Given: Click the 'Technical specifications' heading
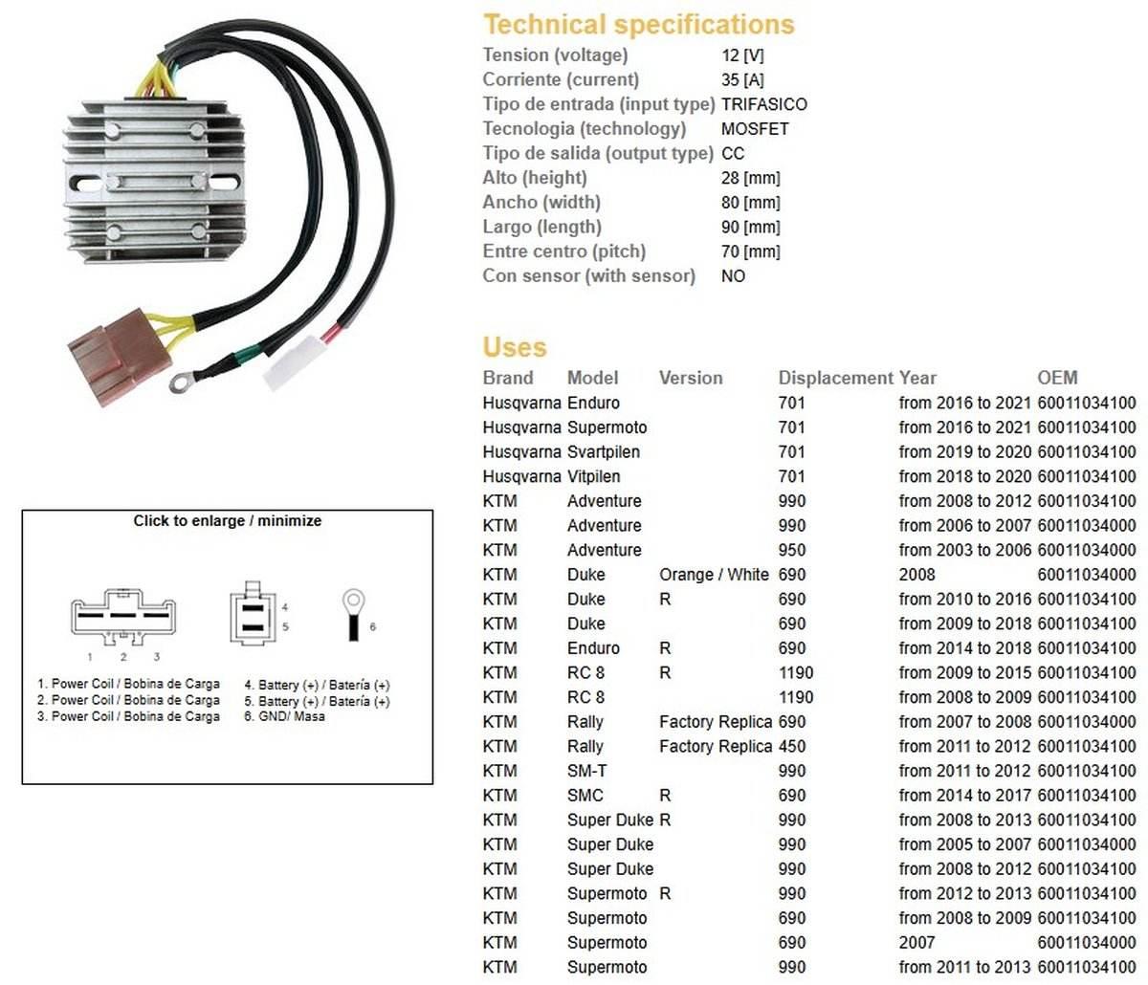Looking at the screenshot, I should pos(638,24).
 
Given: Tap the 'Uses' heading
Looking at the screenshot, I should pos(515,347).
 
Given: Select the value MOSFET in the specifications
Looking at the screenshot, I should pos(755,128).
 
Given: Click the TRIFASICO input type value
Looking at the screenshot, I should pos(763,104).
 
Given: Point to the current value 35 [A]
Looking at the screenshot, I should pos(742,79).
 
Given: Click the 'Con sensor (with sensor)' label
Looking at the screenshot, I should pos(588,275).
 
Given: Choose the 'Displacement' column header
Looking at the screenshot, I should pos(835,378).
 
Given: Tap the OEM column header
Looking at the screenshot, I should pos(1057,378).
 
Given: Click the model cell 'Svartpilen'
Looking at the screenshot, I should pos(604,451).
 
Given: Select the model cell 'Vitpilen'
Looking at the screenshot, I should pos(593,476).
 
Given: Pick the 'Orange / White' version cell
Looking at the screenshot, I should pos(714,575).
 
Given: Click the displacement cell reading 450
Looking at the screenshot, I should pos(792,746).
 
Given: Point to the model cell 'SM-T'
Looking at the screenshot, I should pos(586,771).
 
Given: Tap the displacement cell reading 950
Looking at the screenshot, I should pos(792,550).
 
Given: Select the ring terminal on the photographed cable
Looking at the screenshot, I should pos(180,383).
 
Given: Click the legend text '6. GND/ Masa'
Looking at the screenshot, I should pos(284,715).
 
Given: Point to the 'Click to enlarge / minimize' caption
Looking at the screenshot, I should pos(228,521).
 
